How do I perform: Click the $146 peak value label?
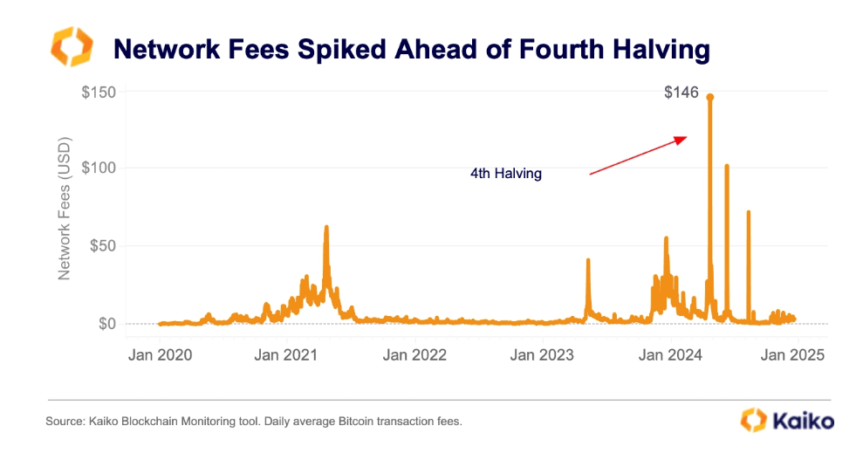pos(681,92)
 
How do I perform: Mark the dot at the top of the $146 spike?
pos(710,97)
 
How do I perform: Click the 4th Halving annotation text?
pos(506,174)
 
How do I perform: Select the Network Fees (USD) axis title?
pos(64,208)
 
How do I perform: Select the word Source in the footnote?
pos(66,422)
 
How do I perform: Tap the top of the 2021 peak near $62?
pos(326,227)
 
